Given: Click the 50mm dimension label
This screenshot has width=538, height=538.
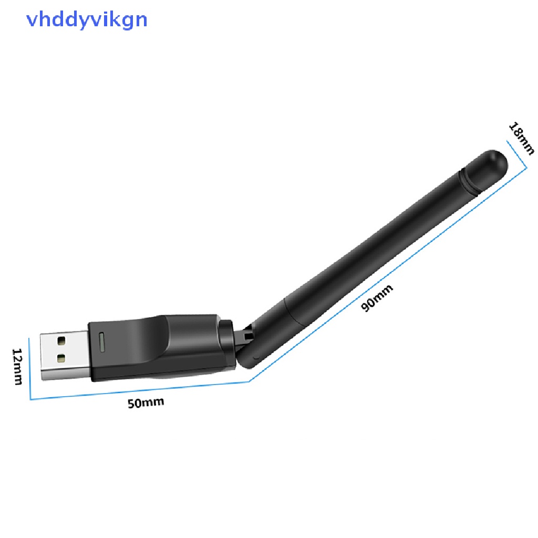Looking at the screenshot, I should [146, 403].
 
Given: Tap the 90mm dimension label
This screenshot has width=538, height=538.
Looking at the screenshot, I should [377, 298].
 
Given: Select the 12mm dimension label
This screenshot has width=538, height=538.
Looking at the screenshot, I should [17, 366].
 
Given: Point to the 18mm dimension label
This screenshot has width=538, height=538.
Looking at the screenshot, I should [521, 138].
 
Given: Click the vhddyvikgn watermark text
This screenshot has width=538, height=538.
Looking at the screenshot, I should [87, 20].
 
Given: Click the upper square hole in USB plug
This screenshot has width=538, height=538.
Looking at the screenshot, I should [61, 340].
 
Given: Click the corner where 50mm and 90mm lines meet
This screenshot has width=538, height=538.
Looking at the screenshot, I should [250, 381].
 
